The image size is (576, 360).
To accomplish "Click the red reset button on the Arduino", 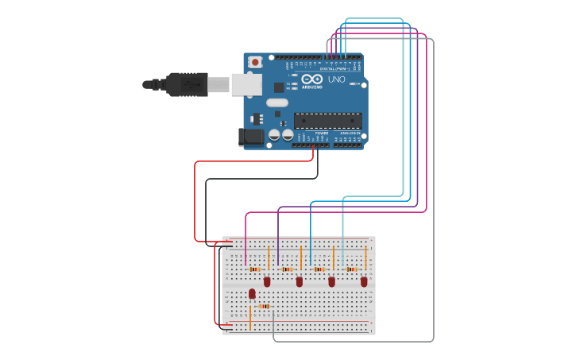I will [255, 61].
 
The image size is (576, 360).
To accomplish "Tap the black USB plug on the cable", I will [187, 84].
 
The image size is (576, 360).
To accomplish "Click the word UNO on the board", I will [337, 79].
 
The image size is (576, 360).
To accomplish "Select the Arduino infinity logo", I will [312, 79].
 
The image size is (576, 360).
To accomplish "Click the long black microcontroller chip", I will [327, 121].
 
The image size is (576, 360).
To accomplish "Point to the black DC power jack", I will [252, 137].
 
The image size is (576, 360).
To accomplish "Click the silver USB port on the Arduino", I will [246, 84].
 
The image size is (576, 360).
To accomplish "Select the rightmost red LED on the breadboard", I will [364, 281].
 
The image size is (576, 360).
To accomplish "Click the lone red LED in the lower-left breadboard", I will [252, 293].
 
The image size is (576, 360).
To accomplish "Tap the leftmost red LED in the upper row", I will [267, 281].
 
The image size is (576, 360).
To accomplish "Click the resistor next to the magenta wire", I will [254, 269].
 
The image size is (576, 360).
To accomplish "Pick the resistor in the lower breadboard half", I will [265, 306].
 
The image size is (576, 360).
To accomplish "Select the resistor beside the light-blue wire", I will [351, 269].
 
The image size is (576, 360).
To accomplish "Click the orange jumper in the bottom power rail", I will [250, 319].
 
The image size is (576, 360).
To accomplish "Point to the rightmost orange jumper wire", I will [365, 257].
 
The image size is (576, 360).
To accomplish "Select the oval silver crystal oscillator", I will [277, 103].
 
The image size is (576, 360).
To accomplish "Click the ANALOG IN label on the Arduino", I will [348, 133].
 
